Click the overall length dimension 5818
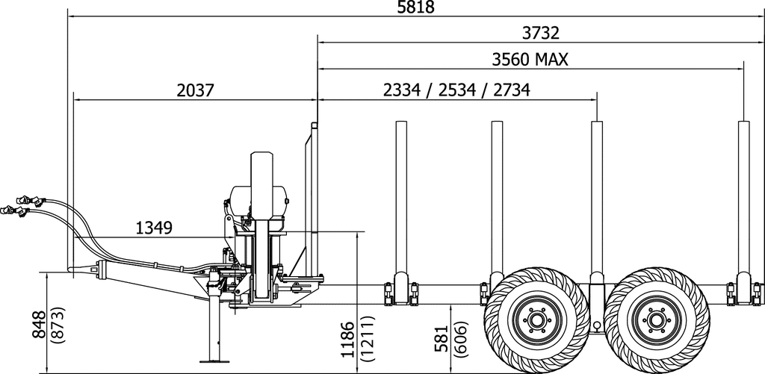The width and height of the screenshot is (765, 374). (x=415, y=7)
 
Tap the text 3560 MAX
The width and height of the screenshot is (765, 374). (x=530, y=59)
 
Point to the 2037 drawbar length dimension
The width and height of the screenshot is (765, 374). (x=196, y=90)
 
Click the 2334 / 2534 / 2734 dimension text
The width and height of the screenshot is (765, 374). (x=456, y=90)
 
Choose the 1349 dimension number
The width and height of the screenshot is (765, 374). (x=155, y=227)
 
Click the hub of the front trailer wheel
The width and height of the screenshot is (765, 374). (x=536, y=321)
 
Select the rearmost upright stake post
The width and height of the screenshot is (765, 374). (x=743, y=202)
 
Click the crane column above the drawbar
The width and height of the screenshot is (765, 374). (x=261, y=224)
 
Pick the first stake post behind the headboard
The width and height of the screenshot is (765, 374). (x=401, y=202)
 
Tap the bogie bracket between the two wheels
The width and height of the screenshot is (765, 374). (x=596, y=306)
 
